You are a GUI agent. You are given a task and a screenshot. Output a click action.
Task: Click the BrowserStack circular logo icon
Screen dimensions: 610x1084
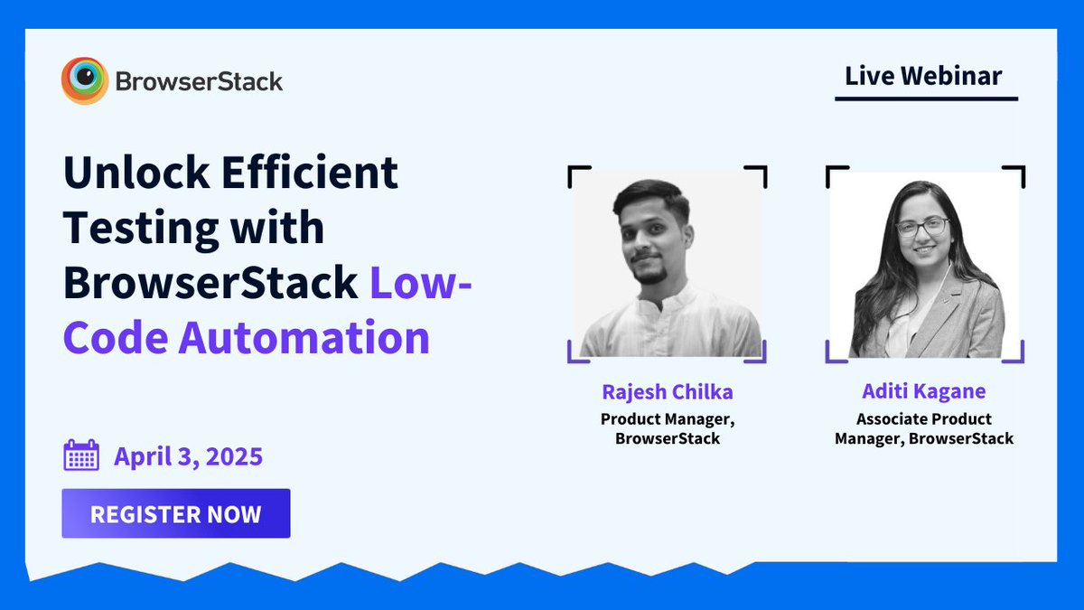[85, 81]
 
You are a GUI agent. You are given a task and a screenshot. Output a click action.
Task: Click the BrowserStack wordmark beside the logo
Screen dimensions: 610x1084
[199, 82]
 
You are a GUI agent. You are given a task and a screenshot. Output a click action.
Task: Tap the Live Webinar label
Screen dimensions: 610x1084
[923, 76]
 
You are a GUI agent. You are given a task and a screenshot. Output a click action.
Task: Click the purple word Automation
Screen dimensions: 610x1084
[304, 338]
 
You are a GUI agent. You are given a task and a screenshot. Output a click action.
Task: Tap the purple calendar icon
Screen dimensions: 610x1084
[81, 455]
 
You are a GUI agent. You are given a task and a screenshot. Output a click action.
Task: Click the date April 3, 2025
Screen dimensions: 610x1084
[188, 456]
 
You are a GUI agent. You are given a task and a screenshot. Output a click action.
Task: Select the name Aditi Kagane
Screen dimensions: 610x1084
[924, 392]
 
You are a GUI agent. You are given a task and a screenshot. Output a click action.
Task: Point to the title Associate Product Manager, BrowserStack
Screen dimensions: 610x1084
[924, 429]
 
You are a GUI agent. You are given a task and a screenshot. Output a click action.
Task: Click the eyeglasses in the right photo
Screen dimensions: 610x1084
[921, 226]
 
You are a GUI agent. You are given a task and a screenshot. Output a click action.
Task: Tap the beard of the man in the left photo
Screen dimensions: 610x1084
[651, 272]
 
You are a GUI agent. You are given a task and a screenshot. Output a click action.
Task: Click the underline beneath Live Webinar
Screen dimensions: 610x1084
[926, 99]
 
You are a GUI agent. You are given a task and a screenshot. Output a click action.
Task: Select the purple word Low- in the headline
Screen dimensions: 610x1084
[421, 283]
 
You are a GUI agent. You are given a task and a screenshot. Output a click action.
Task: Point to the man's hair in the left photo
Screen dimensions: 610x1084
[652, 196]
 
